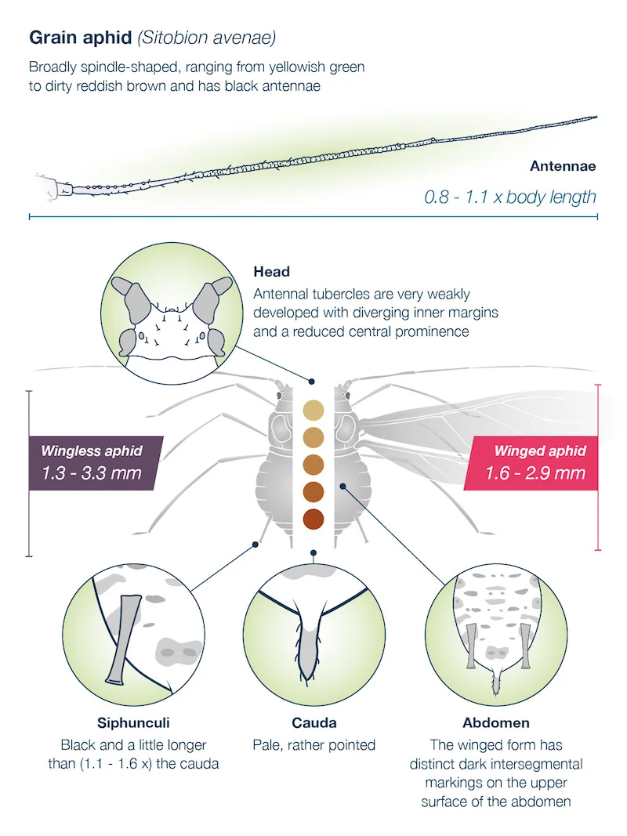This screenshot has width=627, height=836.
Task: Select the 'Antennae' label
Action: click(x=563, y=166)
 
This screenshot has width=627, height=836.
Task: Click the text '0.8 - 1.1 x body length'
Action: click(x=510, y=197)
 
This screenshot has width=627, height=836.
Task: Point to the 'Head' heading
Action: click(x=271, y=272)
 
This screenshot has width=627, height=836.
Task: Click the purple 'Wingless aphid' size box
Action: click(x=92, y=462)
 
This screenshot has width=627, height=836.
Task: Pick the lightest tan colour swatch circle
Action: click(x=313, y=410)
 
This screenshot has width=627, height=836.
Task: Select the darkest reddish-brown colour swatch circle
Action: click(x=313, y=519)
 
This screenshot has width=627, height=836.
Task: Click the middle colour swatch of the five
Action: click(x=313, y=464)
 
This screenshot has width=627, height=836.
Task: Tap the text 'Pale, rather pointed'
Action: click(x=313, y=744)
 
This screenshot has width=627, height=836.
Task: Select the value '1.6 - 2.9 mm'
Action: click(x=535, y=473)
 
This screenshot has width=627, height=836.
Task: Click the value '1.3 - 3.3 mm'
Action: click(x=92, y=473)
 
